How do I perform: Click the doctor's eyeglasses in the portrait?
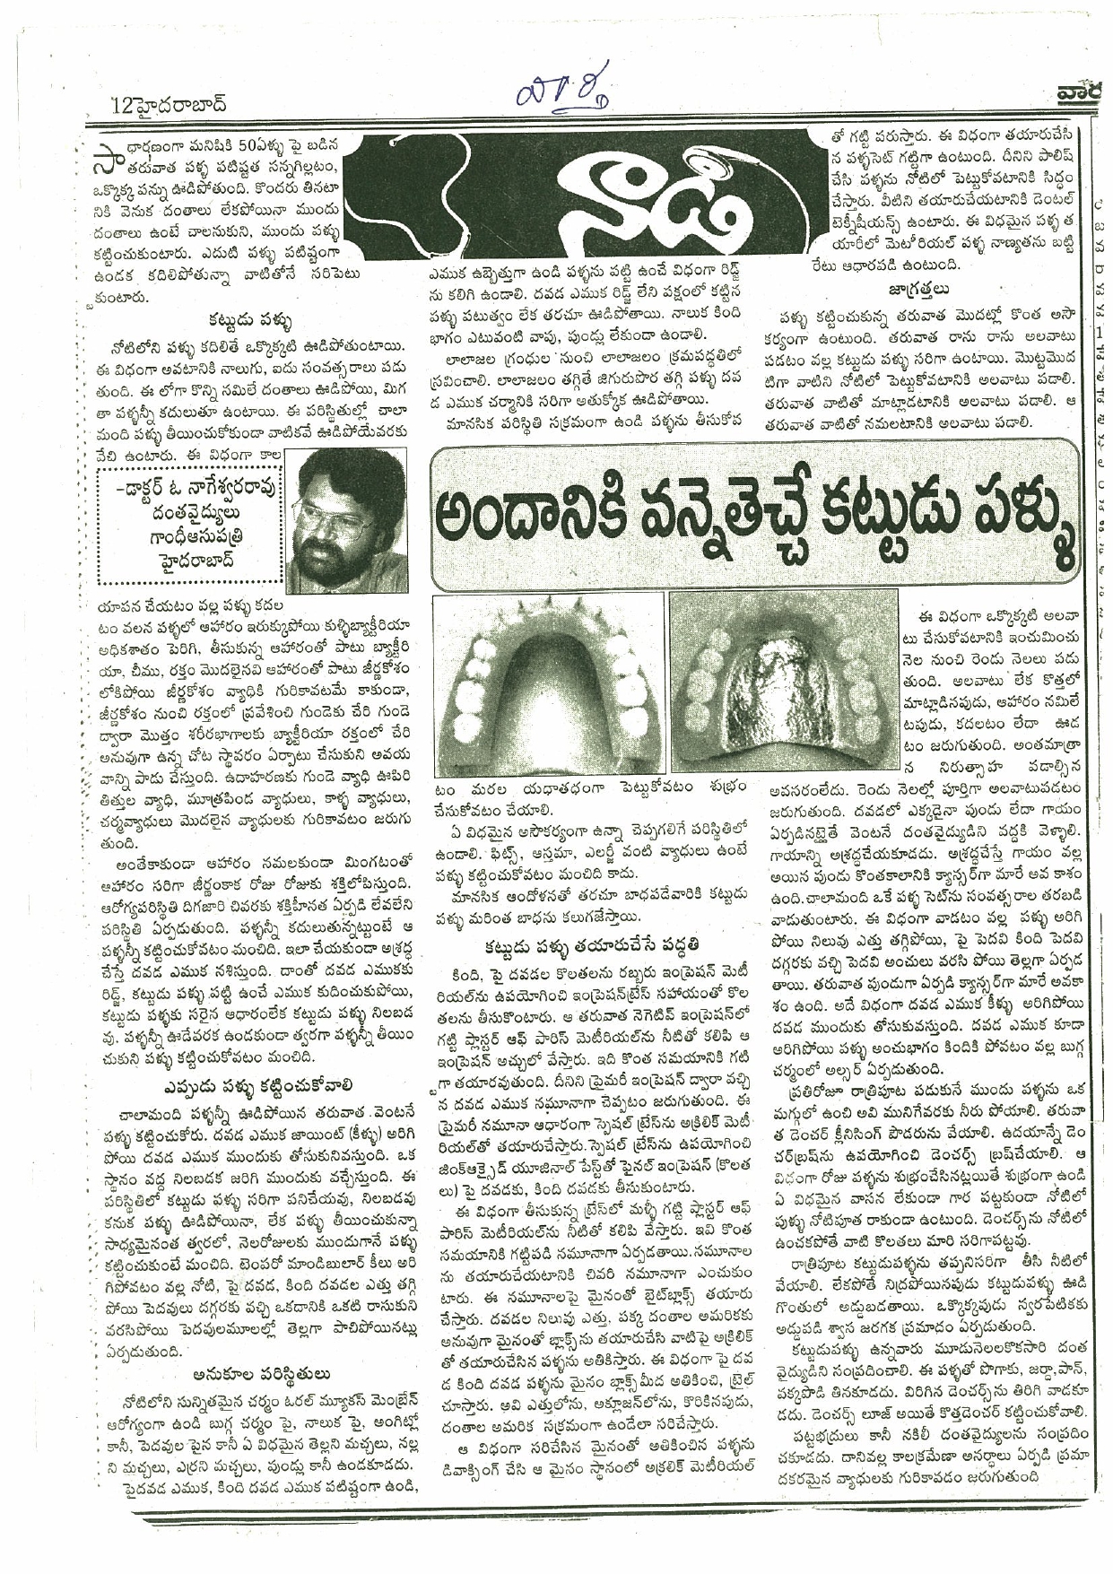point(342,512)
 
